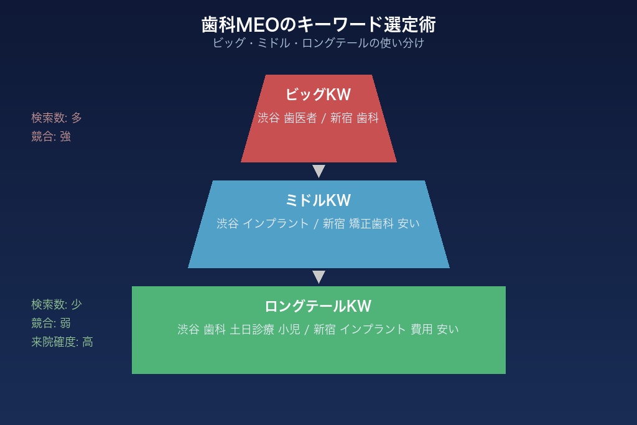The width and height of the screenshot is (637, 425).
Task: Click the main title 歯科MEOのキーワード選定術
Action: [x=318, y=25]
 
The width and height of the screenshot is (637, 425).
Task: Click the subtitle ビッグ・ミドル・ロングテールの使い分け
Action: [x=318, y=44]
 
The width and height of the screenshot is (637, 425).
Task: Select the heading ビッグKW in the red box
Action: [x=318, y=95]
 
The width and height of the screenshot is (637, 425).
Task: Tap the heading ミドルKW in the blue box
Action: [x=318, y=200]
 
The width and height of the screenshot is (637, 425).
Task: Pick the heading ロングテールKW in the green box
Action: [x=318, y=306]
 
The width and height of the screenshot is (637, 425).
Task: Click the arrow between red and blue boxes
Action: [x=318, y=171]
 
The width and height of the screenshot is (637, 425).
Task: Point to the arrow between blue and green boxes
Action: [x=318, y=277]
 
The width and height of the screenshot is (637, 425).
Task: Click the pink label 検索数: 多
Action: [x=57, y=118]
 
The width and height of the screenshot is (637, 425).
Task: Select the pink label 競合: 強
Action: [x=51, y=136]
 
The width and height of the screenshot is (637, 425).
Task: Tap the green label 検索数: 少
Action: [x=57, y=304]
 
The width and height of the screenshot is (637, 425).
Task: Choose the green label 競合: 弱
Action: [x=51, y=323]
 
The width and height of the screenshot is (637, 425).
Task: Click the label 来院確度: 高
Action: [x=62, y=342]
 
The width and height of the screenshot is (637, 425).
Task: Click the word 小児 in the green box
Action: [x=289, y=330]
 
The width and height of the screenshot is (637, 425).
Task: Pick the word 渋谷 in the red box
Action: [x=269, y=118]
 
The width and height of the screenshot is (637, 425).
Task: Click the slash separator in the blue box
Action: [x=316, y=224]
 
